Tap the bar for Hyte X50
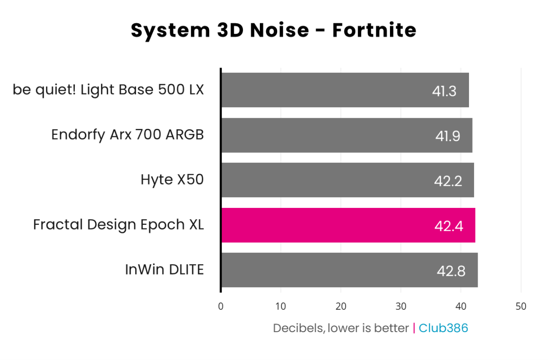(347, 180)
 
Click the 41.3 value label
(444, 91)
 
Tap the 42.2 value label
(448, 181)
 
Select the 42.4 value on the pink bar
(449, 226)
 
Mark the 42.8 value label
(451, 271)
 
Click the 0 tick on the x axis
(221, 307)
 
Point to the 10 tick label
(280, 307)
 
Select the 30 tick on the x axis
(400, 307)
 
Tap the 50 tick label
(521, 307)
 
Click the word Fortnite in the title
(374, 31)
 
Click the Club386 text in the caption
(443, 328)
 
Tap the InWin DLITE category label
(164, 270)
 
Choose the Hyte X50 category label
(172, 180)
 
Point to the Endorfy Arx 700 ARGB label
(127, 135)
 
